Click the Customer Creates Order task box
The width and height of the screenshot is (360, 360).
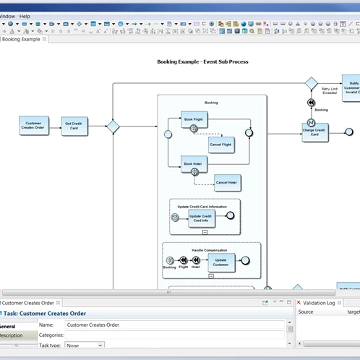coord(34,126)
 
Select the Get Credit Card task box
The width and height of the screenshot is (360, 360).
coord(74,126)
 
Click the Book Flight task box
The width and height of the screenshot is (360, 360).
coord(194,119)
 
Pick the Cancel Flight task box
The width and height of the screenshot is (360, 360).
coord(220,145)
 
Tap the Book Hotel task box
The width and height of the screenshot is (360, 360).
coord(193,164)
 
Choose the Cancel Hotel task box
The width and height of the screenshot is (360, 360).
coord(227,182)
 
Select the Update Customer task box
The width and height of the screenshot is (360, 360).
coord(220,262)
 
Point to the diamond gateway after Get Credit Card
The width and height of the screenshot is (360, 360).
coord(113,127)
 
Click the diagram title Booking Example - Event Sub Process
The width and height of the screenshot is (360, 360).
coord(202,62)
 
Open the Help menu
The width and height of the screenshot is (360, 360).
coord(25,15)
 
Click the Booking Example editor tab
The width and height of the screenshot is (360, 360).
coord(22,39)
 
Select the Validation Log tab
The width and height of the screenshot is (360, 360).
coord(319,303)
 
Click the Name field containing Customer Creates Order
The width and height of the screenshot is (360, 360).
coord(173,325)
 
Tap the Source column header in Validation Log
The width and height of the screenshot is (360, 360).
coord(306,312)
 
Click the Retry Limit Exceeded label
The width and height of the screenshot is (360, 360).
coord(329,91)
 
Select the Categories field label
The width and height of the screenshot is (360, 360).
coord(76,335)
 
